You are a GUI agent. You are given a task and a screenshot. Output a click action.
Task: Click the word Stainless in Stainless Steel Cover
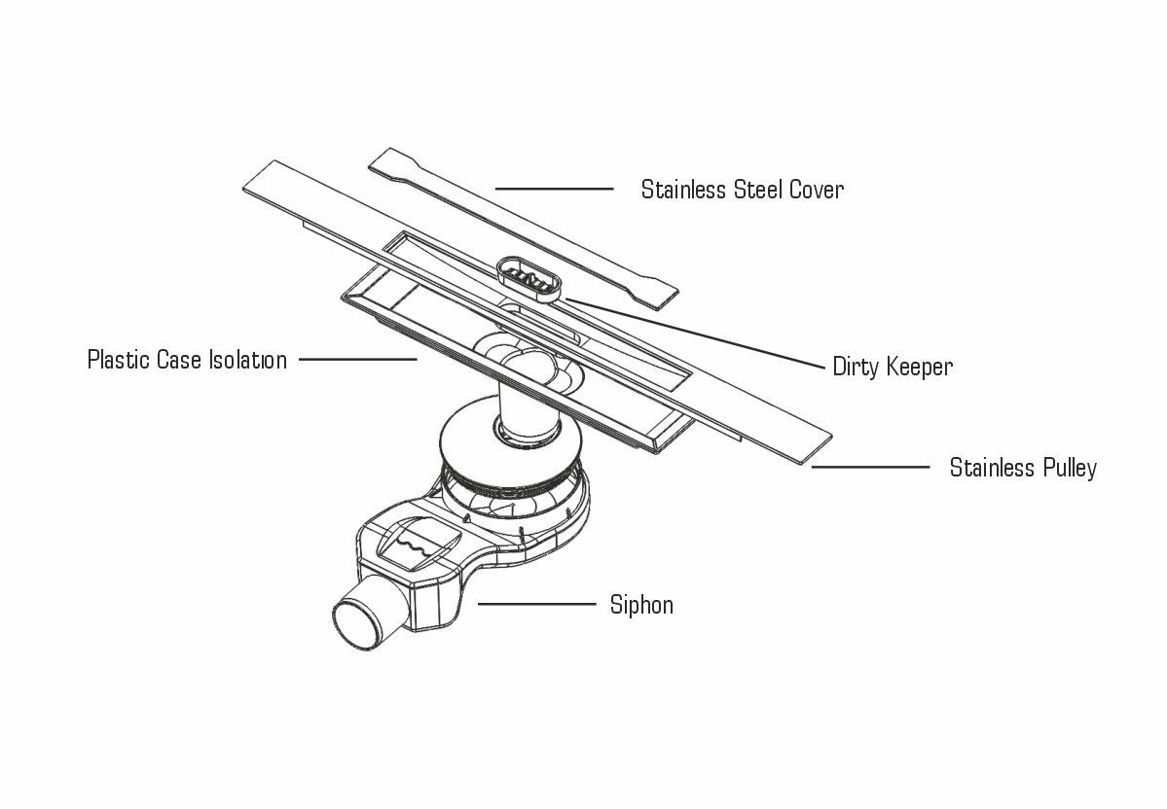683,190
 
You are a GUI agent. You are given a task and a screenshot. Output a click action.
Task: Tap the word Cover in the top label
816,190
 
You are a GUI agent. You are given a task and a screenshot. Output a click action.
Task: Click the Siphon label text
641,606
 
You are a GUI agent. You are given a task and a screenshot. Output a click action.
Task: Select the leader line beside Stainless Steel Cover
554,189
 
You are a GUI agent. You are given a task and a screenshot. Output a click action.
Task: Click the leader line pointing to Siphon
536,604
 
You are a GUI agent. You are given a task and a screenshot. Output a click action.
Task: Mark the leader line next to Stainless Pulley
870,468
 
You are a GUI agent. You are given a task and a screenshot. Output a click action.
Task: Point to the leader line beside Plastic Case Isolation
357,360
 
